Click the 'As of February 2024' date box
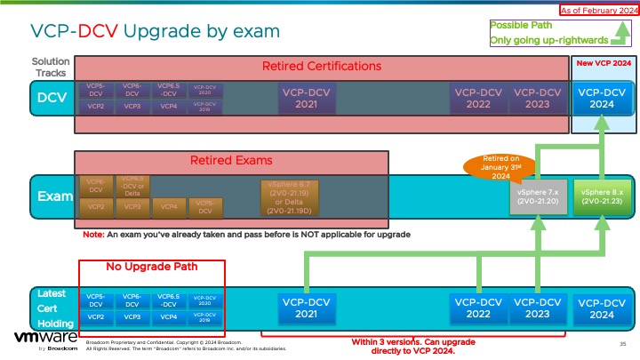coord(597,9)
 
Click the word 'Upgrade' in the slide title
coord(164,31)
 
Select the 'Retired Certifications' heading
coord(322,67)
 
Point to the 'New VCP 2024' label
coord(604,64)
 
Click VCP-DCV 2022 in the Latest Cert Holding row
coord(478,308)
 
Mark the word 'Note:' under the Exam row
coord(93,235)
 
